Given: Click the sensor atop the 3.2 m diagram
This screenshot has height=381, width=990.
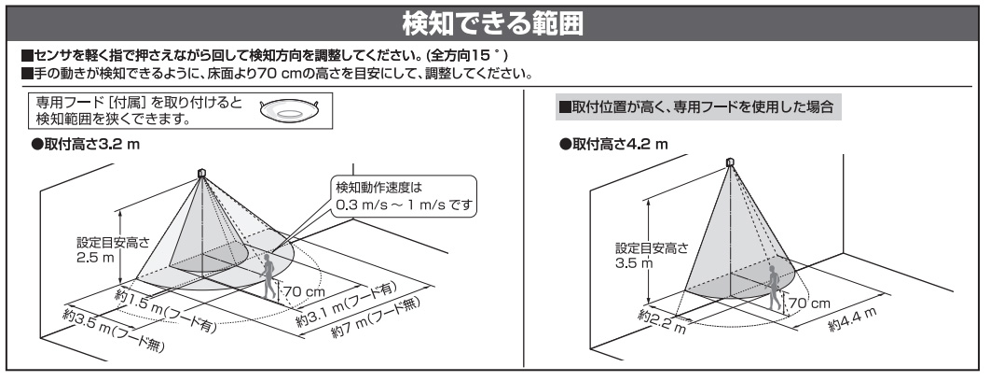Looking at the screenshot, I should click(x=202, y=174).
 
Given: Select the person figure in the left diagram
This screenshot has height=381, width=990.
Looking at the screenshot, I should click(x=271, y=278).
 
